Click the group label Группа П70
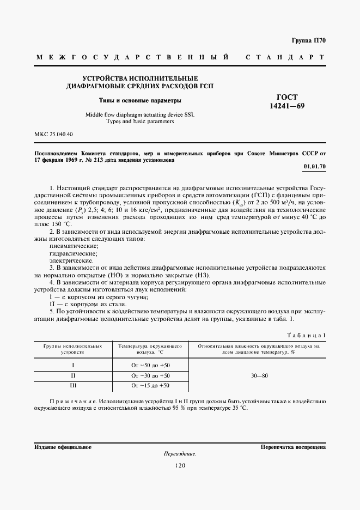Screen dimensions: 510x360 tap(308, 40)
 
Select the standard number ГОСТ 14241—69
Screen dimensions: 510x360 tap(288, 101)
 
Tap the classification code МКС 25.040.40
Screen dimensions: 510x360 tap(53, 134)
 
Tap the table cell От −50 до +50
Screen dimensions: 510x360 tap(151, 365)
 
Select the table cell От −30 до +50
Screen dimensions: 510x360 tap(151, 376)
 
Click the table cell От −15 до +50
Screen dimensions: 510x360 tap(151, 386)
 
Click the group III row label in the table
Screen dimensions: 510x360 tap(73, 386)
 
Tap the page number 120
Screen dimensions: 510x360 tap(180, 465)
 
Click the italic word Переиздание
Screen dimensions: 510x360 tap(179, 454)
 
